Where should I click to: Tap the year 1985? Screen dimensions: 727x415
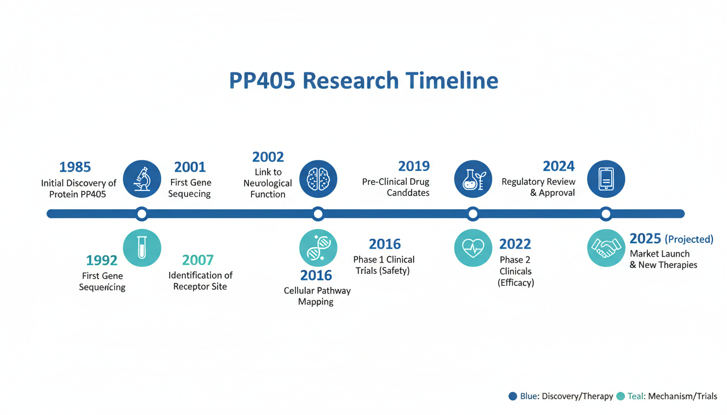click(x=75, y=167)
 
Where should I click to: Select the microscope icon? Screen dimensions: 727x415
click(x=142, y=179)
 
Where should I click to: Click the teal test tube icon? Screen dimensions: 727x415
click(x=142, y=248)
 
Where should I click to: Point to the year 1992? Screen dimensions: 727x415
click(x=102, y=260)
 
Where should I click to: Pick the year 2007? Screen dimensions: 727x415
click(x=197, y=260)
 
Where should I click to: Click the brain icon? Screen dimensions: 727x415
click(x=318, y=179)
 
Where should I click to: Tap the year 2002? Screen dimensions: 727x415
click(x=268, y=157)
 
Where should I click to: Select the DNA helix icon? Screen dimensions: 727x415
click(x=318, y=248)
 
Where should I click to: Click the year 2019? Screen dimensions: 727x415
click(x=414, y=166)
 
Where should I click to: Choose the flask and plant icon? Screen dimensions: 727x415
click(x=473, y=179)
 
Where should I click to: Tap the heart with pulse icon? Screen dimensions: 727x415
click(x=473, y=248)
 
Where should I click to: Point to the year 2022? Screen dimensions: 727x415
click(x=515, y=244)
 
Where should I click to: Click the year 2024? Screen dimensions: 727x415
click(x=559, y=166)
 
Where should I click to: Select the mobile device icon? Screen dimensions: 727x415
click(x=606, y=179)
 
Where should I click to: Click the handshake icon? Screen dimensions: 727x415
click(x=606, y=248)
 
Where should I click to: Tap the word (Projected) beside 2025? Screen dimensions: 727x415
click(x=689, y=239)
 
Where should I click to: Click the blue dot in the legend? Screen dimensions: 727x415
click(x=513, y=396)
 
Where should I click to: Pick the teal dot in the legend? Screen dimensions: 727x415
click(x=620, y=396)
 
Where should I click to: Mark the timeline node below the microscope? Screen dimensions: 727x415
click(x=142, y=214)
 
